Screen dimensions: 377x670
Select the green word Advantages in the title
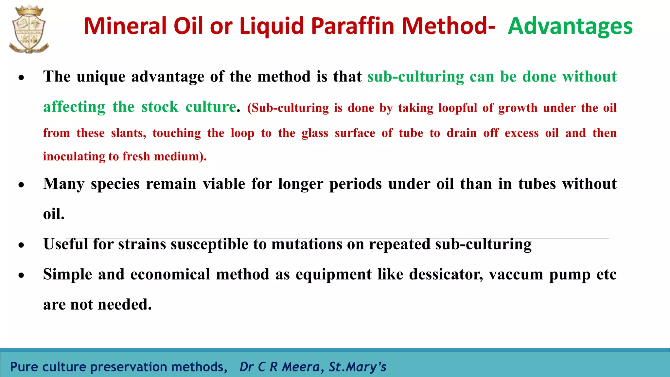(570, 26)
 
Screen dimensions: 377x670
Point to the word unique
(101, 77)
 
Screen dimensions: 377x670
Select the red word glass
(315, 133)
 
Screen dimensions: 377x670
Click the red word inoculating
(74, 156)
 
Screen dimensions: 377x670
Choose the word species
(115, 184)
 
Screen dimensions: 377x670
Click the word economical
(170, 274)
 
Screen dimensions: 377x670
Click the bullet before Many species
(21, 185)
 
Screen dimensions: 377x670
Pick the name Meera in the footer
(301, 367)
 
